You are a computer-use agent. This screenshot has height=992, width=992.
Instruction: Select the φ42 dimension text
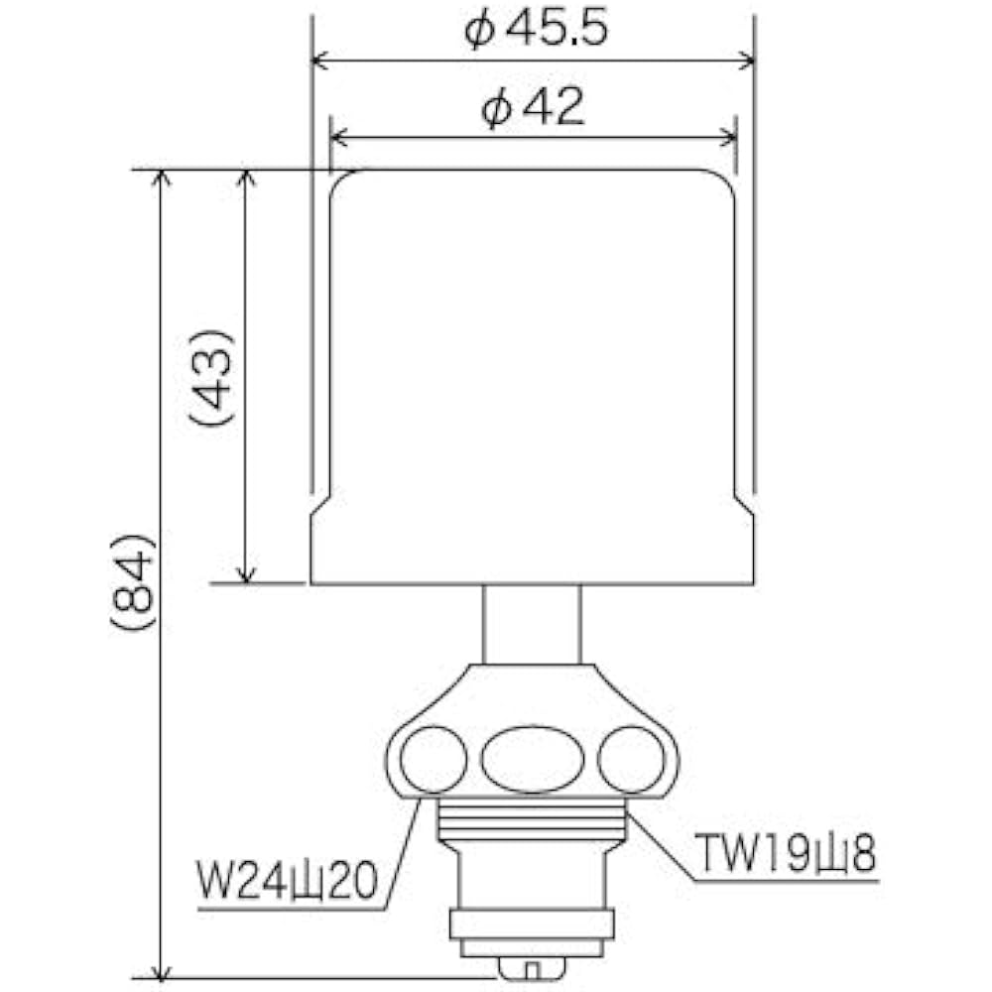pos(533,107)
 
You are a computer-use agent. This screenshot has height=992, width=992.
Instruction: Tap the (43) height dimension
pos(212,376)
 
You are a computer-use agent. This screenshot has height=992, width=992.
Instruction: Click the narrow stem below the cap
pos(532,623)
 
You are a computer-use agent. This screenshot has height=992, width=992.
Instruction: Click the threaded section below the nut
pos(532,818)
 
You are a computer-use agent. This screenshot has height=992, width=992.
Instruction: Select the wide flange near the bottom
pos(532,925)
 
